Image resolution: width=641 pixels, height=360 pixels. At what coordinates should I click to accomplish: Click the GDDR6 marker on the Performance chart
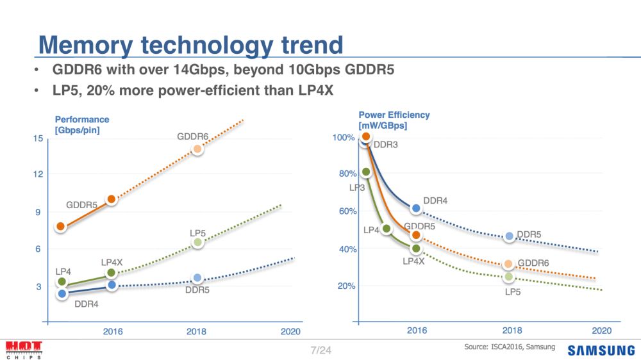point(197,149)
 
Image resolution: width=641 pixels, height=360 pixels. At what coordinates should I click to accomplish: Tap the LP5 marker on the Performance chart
point(197,242)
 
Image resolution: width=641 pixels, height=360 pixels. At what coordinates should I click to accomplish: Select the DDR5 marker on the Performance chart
point(197,277)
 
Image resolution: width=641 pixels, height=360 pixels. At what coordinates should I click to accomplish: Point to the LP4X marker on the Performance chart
point(112,273)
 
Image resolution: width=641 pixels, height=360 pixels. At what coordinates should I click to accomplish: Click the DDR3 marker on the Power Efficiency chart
point(363,142)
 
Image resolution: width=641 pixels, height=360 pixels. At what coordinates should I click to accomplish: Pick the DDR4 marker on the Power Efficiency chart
point(416,208)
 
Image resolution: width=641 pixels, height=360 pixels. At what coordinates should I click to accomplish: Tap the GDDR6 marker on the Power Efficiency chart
point(508,264)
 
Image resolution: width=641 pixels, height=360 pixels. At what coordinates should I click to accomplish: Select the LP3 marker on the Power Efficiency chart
point(366,172)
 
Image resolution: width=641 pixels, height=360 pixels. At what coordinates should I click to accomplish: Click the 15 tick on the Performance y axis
point(38,139)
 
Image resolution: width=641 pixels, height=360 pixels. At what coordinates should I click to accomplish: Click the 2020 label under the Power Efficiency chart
point(601,331)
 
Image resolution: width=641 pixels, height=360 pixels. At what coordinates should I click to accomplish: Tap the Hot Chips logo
point(24,350)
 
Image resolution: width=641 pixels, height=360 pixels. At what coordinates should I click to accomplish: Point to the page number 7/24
point(320,350)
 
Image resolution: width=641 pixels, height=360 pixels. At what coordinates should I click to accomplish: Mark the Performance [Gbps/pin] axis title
point(82,125)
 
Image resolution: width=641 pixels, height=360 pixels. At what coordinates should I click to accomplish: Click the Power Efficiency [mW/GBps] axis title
point(394,120)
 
